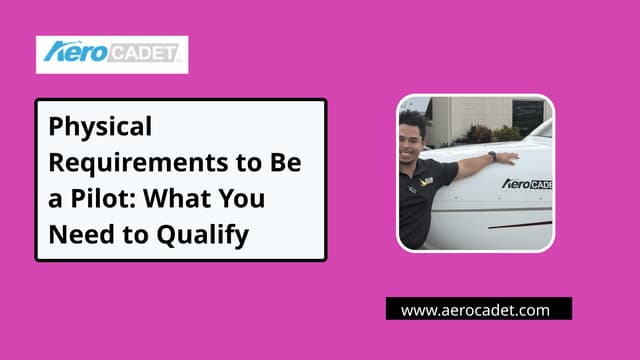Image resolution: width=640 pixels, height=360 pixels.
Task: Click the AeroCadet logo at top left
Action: (x=112, y=54)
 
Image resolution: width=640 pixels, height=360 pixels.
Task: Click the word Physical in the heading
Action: (x=101, y=128)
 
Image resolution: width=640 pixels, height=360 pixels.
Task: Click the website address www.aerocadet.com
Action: (x=476, y=310)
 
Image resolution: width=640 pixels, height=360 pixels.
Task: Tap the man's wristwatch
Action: (x=492, y=157)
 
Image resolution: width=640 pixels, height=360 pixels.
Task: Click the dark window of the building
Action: (x=527, y=114)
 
